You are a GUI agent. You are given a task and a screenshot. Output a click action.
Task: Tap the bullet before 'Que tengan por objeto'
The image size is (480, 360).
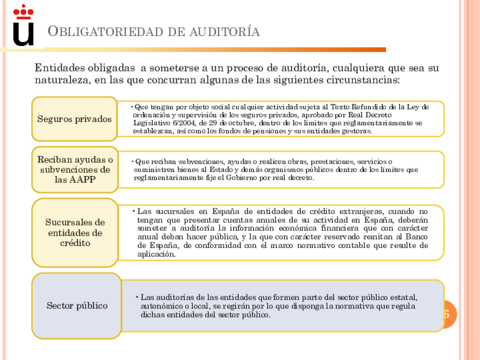129,104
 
